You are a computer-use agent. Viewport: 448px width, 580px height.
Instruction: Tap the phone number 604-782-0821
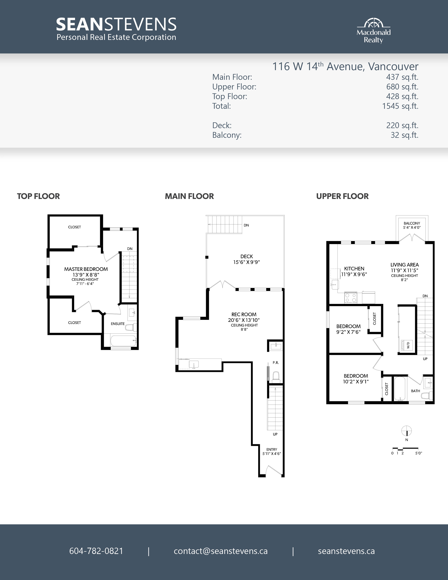click(96, 551)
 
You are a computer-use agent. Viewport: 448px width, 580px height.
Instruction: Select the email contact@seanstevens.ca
click(220, 551)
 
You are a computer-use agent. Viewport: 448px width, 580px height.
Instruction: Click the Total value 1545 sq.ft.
click(400, 106)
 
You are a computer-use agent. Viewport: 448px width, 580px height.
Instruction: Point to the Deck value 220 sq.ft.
click(402, 125)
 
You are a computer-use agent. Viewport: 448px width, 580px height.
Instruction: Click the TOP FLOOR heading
click(38, 196)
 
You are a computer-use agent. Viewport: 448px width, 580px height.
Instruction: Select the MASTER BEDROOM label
click(86, 269)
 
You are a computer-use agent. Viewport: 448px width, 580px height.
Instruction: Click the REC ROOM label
click(244, 314)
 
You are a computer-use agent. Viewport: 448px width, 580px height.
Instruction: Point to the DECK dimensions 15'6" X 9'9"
click(246, 262)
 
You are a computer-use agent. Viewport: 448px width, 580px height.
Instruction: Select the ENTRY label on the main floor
click(272, 449)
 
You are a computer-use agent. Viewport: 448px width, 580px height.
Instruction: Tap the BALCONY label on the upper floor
click(412, 223)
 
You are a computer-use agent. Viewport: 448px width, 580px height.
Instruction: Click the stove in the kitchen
click(351, 297)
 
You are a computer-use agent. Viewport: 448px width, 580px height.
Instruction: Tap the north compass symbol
click(407, 431)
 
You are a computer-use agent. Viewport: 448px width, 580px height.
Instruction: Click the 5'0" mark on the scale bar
click(418, 453)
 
